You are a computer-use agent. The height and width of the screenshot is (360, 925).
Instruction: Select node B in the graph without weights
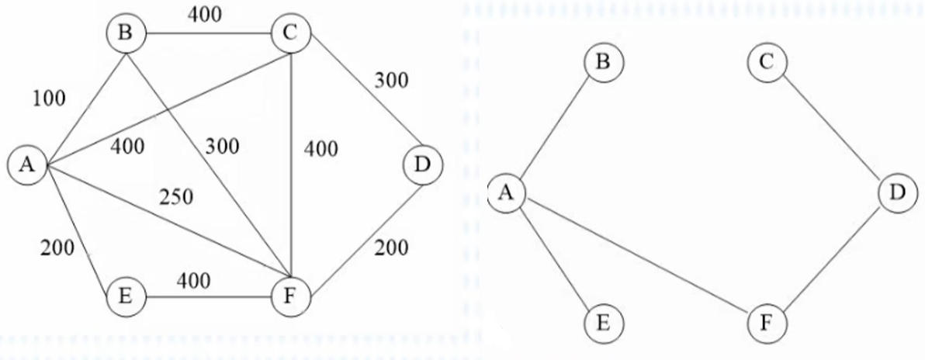click(602, 61)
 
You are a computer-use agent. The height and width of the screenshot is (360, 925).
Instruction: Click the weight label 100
click(50, 99)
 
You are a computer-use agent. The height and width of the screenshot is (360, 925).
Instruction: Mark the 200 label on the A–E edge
click(58, 248)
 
